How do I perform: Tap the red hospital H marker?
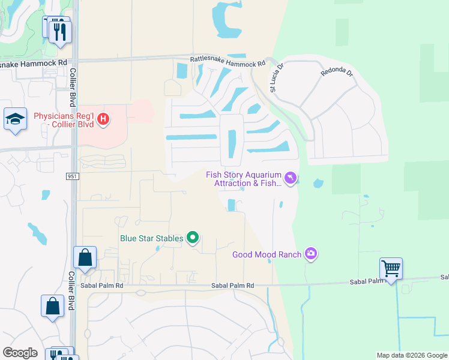pyautogui.click(x=103, y=119)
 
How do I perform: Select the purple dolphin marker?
pyautogui.click(x=291, y=179)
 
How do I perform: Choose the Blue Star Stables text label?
pyautogui.click(x=151, y=238)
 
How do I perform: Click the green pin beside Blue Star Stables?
pyautogui.click(x=193, y=238)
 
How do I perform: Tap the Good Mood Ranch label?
pyautogui.click(x=267, y=254)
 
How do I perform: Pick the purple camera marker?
pyautogui.click(x=310, y=254)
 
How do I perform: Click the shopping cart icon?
pyautogui.click(x=391, y=268)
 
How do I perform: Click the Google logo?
pyautogui.click(x=20, y=353)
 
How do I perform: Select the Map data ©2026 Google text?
pyautogui.click(x=412, y=355)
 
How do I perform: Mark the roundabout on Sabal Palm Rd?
pyautogui.click(x=140, y=292)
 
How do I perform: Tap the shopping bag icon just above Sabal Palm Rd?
pyautogui.click(x=86, y=258)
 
